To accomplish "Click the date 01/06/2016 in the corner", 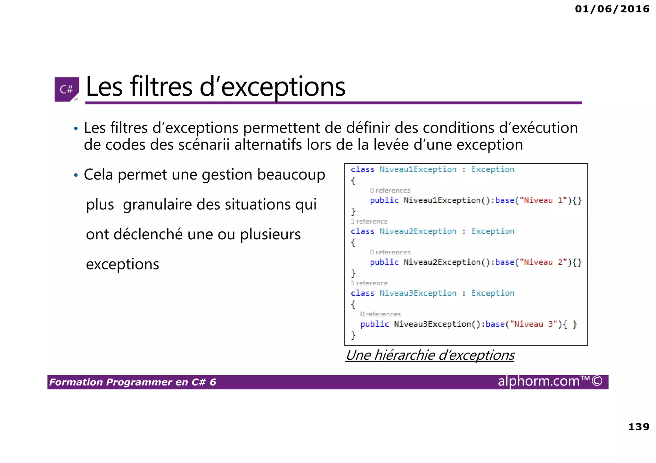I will (x=612, y=9).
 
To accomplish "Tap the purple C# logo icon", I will (x=67, y=89).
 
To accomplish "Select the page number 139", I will (x=639, y=427).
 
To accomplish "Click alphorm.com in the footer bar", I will (x=539, y=381).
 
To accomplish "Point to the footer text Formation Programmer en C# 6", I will (x=133, y=382).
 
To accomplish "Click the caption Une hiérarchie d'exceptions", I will (x=430, y=355).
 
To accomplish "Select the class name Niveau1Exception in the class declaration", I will (x=418, y=169).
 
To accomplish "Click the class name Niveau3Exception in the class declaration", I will (x=418, y=293).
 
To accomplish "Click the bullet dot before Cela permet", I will (x=76, y=175).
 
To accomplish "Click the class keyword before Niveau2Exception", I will (x=362, y=231).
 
